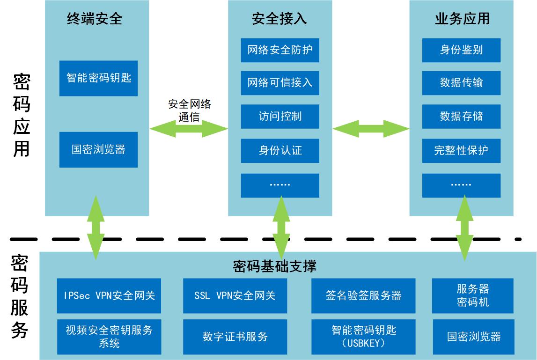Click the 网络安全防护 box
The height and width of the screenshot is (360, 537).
click(280, 50)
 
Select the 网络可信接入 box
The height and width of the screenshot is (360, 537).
click(280, 83)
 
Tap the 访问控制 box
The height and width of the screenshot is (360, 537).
click(280, 117)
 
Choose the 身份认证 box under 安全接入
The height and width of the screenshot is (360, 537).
click(280, 151)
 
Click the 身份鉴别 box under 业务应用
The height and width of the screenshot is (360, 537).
click(461, 50)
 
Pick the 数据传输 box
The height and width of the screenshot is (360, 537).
click(461, 83)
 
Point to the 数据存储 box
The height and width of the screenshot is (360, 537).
click(461, 117)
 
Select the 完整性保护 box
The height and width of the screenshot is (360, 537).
click(461, 151)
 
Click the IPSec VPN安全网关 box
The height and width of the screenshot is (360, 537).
click(109, 295)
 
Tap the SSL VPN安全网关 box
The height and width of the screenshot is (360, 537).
click(235, 295)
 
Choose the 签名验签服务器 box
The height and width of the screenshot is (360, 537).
click(363, 295)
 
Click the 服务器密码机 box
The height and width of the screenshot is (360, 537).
click(472, 295)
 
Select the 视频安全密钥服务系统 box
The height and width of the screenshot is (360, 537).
click(109, 337)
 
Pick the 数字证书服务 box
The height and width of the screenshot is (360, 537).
click(235, 337)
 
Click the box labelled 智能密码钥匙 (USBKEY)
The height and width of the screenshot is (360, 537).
click(363, 337)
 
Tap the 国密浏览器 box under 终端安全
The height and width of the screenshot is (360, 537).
click(98, 150)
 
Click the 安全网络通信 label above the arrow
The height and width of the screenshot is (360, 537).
click(190, 110)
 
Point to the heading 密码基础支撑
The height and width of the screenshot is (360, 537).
click(274, 266)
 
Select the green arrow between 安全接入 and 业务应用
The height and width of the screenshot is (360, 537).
click(371, 129)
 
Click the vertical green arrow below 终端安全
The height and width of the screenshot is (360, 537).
click(96, 228)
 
